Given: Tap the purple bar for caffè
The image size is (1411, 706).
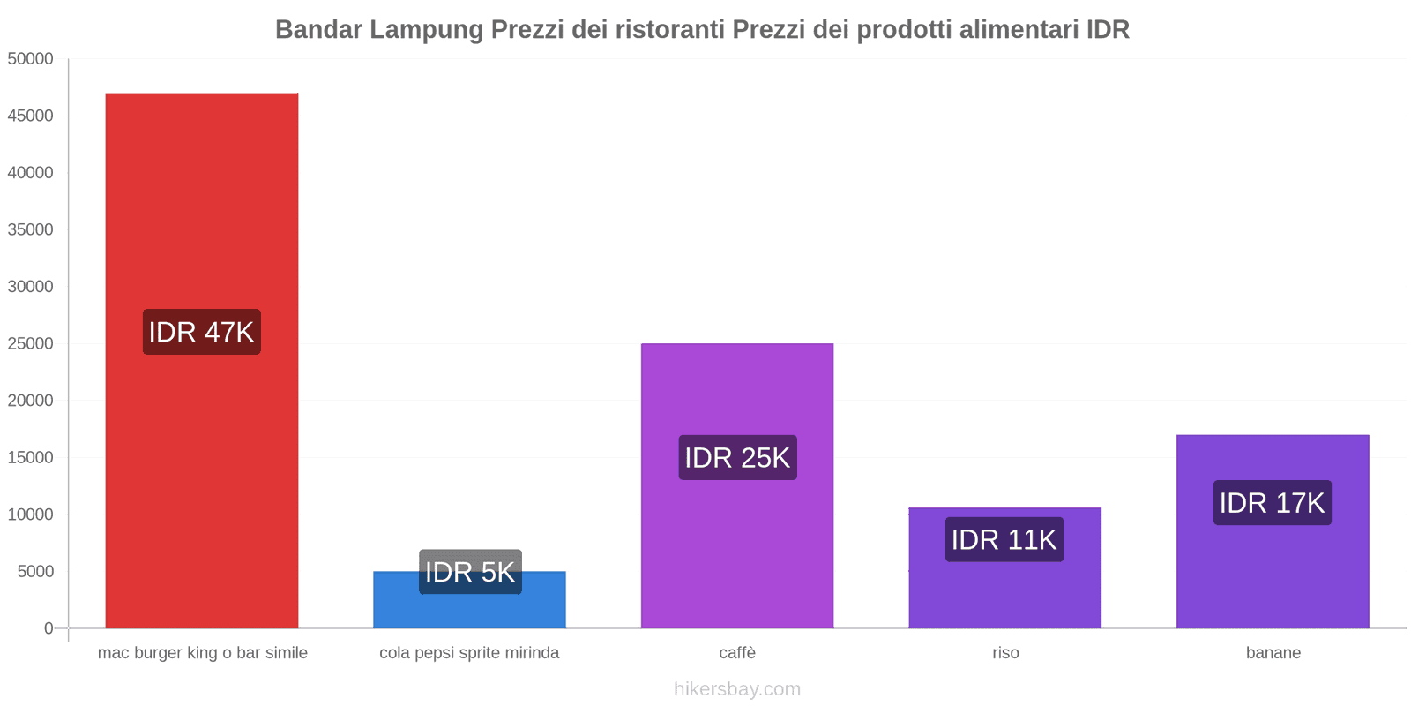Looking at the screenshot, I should [x=737, y=547].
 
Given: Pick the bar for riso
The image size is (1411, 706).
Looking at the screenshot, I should [x=1004, y=591].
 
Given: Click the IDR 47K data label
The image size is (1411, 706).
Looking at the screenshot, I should [x=202, y=332].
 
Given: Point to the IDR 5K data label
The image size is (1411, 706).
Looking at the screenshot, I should [x=470, y=572].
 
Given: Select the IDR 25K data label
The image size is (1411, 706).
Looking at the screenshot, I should [x=737, y=457].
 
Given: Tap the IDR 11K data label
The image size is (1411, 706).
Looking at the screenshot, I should [x=1004, y=539].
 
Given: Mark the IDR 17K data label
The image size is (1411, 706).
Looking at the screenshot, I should [x=1272, y=502].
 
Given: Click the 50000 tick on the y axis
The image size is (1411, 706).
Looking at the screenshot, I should [x=31, y=59].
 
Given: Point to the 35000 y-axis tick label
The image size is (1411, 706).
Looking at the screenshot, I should [x=31, y=229].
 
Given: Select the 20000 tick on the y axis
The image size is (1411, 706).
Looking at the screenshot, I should [x=31, y=401].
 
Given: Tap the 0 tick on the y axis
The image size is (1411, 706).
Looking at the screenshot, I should [x=49, y=628].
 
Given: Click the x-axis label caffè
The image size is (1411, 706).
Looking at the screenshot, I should [x=737, y=653].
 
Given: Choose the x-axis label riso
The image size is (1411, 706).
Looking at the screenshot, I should [x=1005, y=653].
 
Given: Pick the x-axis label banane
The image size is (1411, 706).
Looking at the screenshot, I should [x=1273, y=653].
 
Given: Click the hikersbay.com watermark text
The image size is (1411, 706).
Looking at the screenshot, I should [x=737, y=689].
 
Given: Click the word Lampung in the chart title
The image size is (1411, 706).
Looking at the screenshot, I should [x=426, y=30].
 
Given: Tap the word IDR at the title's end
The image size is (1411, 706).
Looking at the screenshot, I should [x=1108, y=30].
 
